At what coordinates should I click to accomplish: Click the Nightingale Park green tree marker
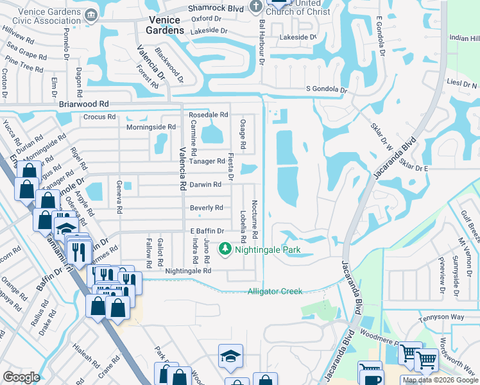pyautogui.click(x=225, y=248)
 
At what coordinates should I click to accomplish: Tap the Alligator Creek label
pyautogui.click(x=275, y=291)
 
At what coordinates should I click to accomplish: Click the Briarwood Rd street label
pyautogui.click(x=83, y=103)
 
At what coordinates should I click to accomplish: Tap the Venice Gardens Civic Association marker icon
pyautogui.click(x=91, y=14)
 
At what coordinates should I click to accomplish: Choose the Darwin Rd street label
pyautogui.click(x=205, y=185)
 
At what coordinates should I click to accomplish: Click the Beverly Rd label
pyautogui.click(x=206, y=208)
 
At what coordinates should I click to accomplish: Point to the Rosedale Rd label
pyautogui.click(x=208, y=115)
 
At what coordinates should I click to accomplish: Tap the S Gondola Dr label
pyautogui.click(x=326, y=89)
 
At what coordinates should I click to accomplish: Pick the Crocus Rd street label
pyautogui.click(x=99, y=117)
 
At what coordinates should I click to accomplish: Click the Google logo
pyautogui.click(x=21, y=377)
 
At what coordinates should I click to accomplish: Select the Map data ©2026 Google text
pyautogui.click(x=440, y=380)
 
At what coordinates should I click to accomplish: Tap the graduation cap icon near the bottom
pyautogui.click(x=230, y=357)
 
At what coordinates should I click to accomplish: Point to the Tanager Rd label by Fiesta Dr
pyautogui.click(x=207, y=161)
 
